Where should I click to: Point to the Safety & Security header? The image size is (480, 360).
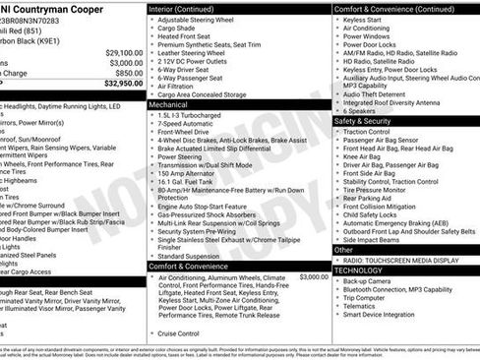[x=370, y=121]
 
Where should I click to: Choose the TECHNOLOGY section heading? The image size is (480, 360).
[x=359, y=270]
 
